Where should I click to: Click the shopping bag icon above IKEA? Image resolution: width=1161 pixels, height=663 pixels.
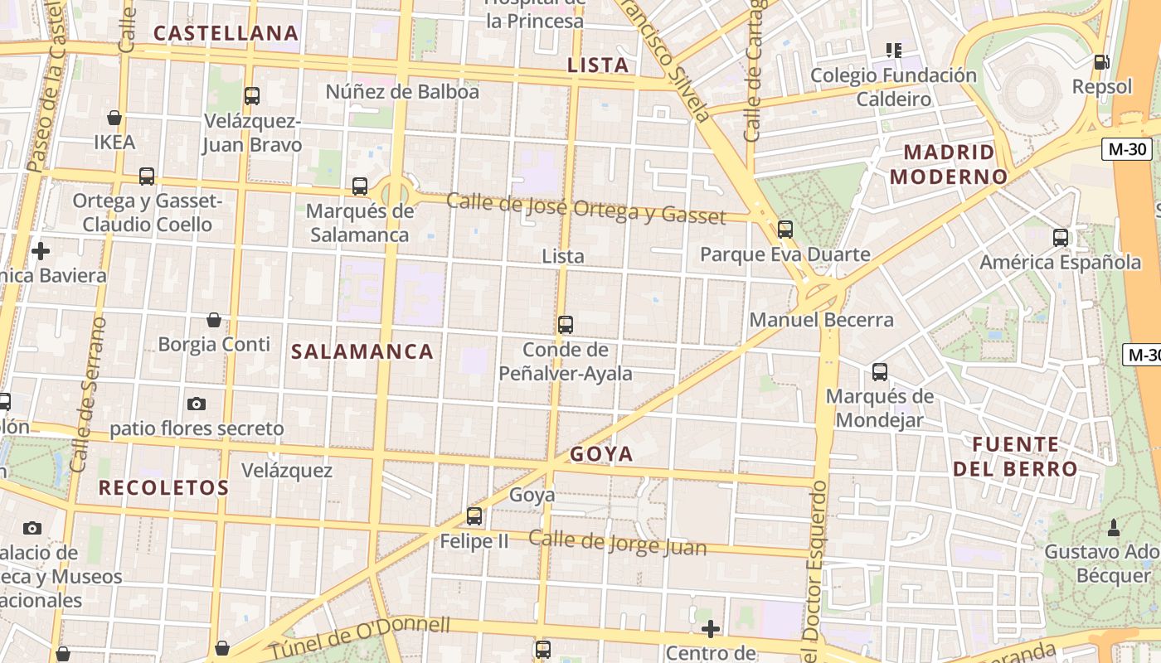114,119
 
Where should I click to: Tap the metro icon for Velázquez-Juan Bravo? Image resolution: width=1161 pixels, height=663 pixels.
252,96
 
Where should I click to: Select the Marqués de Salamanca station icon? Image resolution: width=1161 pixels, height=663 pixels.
360,186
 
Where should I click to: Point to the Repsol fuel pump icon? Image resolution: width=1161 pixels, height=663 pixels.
1101,62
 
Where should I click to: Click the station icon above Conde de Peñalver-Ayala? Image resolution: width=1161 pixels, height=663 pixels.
566,325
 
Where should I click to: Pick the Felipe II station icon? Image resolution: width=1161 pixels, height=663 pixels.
474,516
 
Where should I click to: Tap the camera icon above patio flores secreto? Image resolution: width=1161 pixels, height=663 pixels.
197,404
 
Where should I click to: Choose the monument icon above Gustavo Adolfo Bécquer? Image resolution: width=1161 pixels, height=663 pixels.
1114,527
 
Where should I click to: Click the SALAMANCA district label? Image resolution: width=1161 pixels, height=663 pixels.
362,351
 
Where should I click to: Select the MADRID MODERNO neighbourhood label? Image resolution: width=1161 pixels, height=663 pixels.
949,164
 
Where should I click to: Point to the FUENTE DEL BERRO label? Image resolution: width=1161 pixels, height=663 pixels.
1015,457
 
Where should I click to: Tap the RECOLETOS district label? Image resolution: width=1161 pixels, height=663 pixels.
163,487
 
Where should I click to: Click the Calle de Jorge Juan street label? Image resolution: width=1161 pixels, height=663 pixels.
618,544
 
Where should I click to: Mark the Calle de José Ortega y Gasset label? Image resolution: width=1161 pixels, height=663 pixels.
586,208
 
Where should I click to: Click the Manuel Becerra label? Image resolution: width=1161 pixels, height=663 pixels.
821,320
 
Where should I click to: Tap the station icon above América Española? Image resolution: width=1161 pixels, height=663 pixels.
1060,238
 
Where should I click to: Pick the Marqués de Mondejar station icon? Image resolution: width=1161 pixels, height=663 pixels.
880,372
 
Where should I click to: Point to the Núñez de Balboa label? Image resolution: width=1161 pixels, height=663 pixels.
402,92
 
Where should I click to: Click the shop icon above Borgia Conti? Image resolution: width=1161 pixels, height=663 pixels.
214,320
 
